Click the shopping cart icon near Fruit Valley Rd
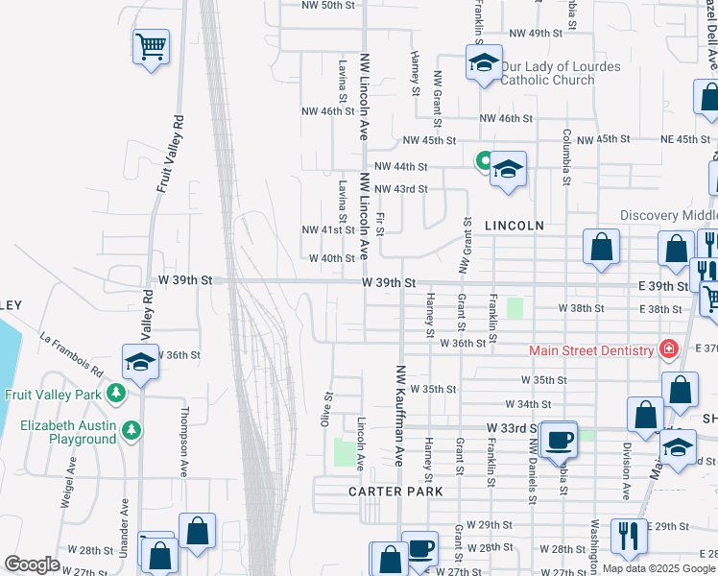(151, 45)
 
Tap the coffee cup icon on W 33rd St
(558, 439)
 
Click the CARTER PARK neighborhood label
(395, 492)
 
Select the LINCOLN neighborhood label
(514, 226)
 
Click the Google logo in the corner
(32, 564)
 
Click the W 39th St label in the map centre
(389, 283)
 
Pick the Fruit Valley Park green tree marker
(116, 393)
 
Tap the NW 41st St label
(322, 230)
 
